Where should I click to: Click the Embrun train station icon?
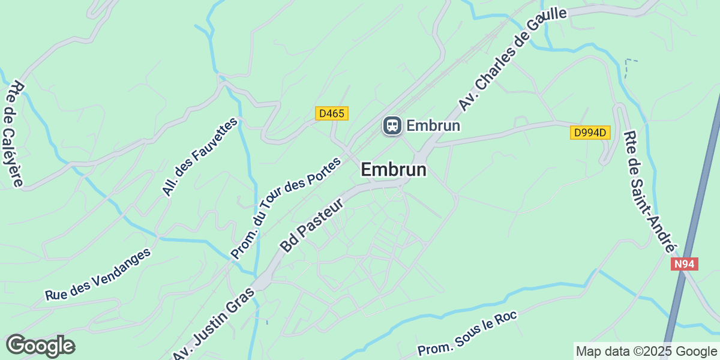coord(392,125)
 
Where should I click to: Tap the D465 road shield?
coord(332,113)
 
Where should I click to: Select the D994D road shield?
coord(590,133)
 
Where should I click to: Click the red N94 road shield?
coord(685,264)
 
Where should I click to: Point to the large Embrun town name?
coord(394,170)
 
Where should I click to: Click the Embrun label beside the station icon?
coord(433,125)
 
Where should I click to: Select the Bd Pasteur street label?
coord(312,225)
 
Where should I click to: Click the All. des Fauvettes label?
coord(200,156)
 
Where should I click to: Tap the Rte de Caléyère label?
coord(14,134)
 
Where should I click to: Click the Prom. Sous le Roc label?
coord(467,334)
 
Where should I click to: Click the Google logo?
coord(40,346)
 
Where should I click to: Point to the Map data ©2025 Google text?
coord(646,351)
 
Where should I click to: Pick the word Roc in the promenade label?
coord(506,316)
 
